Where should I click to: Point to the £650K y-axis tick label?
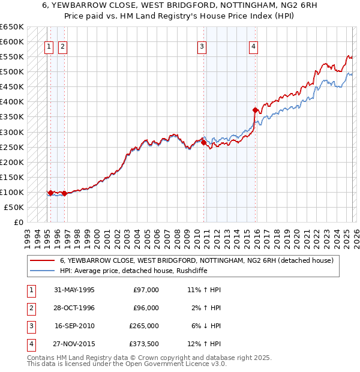click(12, 27)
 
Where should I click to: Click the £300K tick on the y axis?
click(12, 132)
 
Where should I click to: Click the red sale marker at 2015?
click(256, 110)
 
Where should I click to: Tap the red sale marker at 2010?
click(203, 143)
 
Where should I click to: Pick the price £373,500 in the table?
click(144, 344)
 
